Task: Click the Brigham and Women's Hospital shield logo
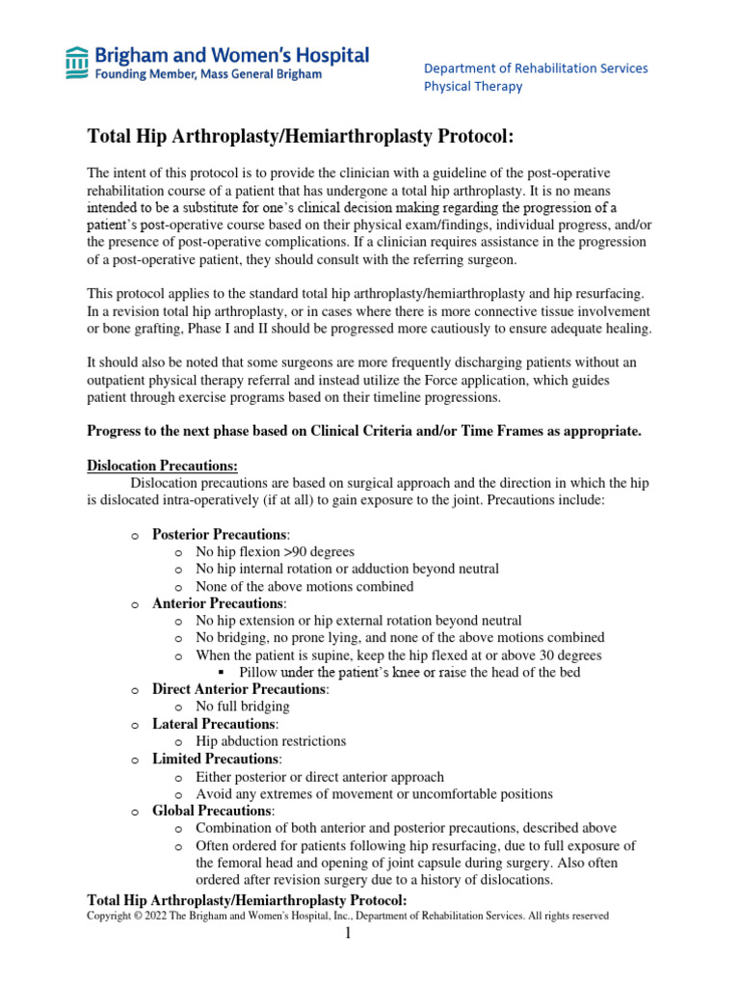[75, 63]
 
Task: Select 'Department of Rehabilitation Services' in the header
[536, 67]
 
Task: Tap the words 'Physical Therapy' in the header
[473, 86]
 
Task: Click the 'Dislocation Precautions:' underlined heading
[162, 465]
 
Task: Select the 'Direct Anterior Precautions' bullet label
[240, 689]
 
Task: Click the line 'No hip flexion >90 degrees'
[275, 551]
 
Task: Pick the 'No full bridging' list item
[242, 707]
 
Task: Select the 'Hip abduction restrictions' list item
[271, 741]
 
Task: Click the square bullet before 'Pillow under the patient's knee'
[221, 672]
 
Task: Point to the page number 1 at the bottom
[353, 935]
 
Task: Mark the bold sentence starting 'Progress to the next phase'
[364, 430]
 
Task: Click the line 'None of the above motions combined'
[304, 586]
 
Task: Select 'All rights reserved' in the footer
[573, 916]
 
